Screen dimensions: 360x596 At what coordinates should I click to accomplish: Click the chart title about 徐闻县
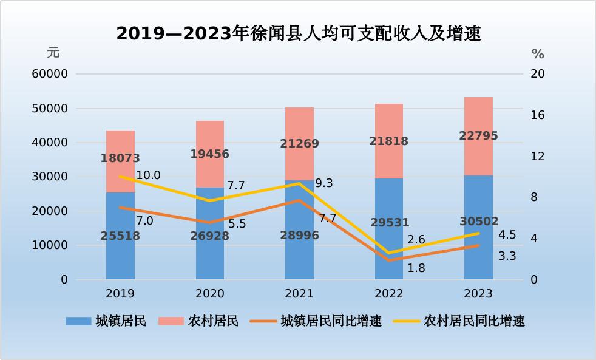(299, 34)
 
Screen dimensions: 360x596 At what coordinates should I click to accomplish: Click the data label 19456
(209, 154)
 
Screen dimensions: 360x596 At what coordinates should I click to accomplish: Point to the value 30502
(478, 222)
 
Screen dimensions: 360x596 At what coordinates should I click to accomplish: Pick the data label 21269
(299, 144)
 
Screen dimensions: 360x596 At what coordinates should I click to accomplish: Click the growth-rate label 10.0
(148, 175)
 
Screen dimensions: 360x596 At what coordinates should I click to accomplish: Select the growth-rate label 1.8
(416, 267)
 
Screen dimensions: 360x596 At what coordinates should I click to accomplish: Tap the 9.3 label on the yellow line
(324, 183)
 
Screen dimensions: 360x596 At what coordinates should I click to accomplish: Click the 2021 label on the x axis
(299, 294)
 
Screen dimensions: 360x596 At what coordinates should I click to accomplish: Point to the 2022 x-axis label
(388, 294)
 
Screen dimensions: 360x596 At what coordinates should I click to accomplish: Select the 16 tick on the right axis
(538, 115)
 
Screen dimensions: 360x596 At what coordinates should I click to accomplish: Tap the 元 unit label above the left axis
(53, 53)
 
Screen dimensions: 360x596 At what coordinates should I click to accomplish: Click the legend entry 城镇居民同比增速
(331, 321)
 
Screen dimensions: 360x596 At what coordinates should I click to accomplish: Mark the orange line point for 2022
(388, 260)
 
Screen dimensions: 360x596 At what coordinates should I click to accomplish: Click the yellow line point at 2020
(209, 200)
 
